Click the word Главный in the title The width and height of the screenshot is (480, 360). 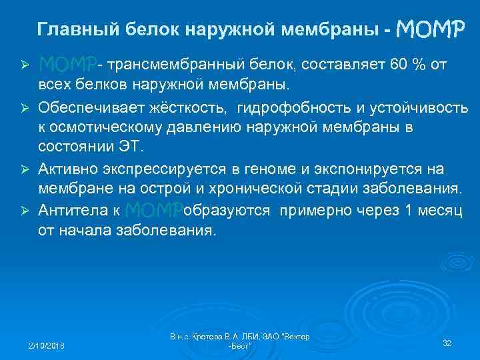pyautogui.click(x=69, y=30)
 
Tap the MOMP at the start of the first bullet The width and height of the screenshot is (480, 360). pyautogui.click(x=67, y=65)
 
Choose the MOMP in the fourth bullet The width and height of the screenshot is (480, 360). pyautogui.click(x=153, y=211)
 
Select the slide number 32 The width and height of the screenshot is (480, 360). pyautogui.click(x=447, y=343)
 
